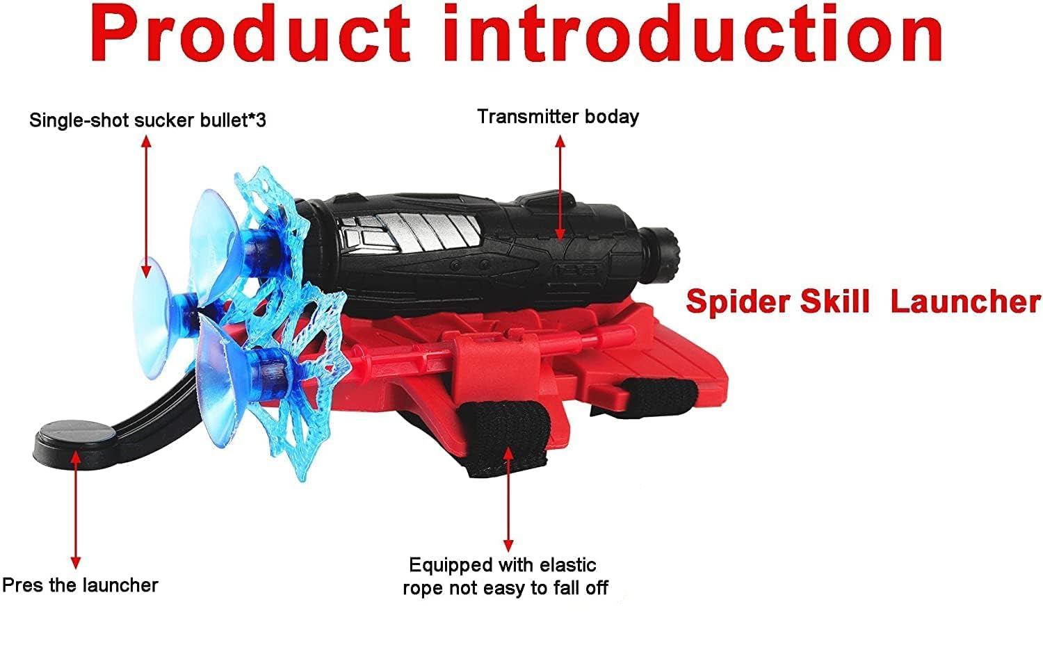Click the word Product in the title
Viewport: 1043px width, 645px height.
250,35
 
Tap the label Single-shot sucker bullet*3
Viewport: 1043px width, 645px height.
147,120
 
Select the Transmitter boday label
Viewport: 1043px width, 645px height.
558,117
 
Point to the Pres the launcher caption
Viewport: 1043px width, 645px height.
80,585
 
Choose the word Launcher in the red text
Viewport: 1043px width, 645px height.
965,302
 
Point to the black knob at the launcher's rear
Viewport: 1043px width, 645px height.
666,254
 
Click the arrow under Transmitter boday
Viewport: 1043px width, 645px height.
560,188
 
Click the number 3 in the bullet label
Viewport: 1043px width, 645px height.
260,120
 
